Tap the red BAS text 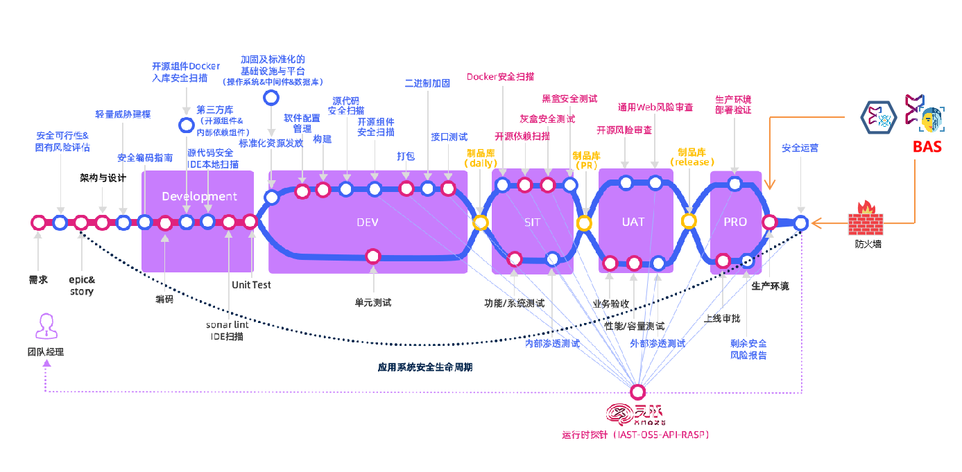click(x=927, y=147)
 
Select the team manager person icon click(x=46, y=326)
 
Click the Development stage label click(x=199, y=196)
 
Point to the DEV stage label click(x=368, y=222)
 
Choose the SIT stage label click(x=532, y=222)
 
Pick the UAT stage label click(x=633, y=222)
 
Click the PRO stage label click(x=735, y=222)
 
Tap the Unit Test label click(x=251, y=285)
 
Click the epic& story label click(x=82, y=286)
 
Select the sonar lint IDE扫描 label click(x=227, y=331)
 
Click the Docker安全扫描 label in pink click(x=500, y=77)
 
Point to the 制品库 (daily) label click(x=481, y=158)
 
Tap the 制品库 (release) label click(x=692, y=157)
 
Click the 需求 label click(x=38, y=280)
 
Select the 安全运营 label click(x=800, y=148)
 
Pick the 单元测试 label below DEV click(x=373, y=302)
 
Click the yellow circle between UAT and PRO click(x=689, y=221)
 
